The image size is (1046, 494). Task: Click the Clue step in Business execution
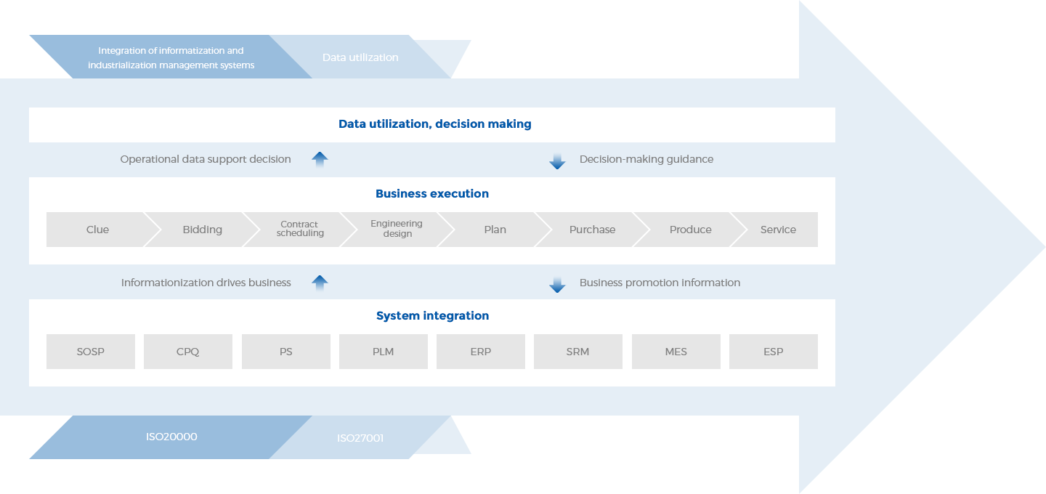(x=97, y=230)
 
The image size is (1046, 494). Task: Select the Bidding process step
(x=202, y=230)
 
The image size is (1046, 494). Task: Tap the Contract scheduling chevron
(x=300, y=230)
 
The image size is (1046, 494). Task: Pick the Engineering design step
(x=397, y=230)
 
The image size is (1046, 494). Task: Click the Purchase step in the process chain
(x=592, y=230)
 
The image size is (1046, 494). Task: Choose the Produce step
(x=690, y=230)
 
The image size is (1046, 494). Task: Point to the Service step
(x=778, y=230)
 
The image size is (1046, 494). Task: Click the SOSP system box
(x=91, y=352)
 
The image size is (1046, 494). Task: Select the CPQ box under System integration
(x=188, y=352)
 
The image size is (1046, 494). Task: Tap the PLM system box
(x=384, y=352)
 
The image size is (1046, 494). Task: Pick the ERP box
(x=481, y=352)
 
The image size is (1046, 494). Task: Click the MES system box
(x=676, y=352)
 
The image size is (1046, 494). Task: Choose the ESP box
(x=774, y=352)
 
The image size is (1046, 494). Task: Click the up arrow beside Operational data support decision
(x=320, y=160)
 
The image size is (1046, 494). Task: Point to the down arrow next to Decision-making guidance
(x=557, y=161)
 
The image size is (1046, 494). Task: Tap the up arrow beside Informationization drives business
(x=320, y=283)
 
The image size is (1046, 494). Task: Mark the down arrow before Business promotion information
(x=557, y=285)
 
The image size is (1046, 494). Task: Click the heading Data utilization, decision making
(x=435, y=124)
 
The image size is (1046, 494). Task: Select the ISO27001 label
(x=360, y=438)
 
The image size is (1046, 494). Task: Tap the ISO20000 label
(x=171, y=437)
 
